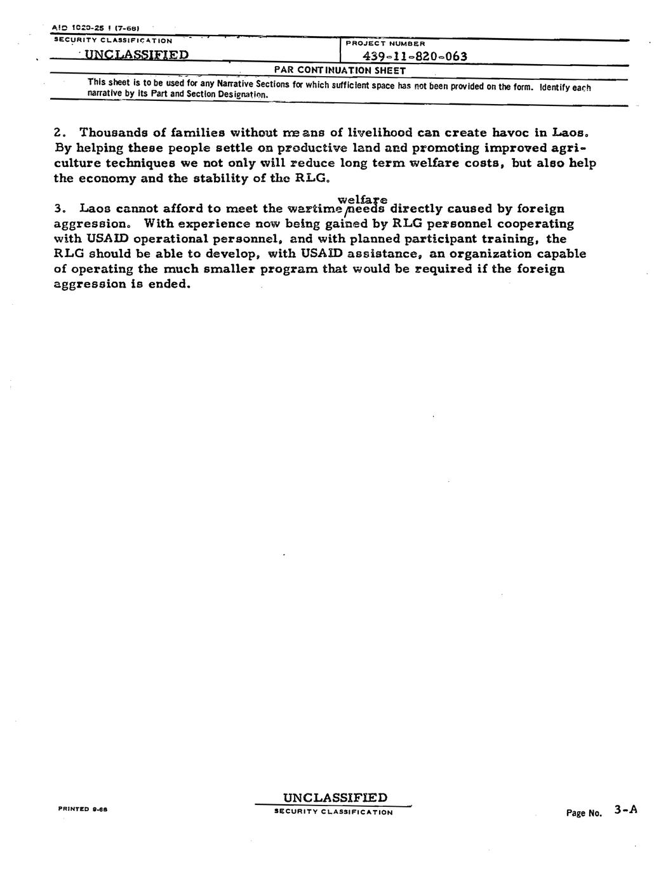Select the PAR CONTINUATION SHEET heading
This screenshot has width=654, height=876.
pyautogui.click(x=340, y=70)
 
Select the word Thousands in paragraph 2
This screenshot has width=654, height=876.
pyautogui.click(x=117, y=133)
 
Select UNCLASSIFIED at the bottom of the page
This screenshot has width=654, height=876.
pyautogui.click(x=335, y=797)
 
